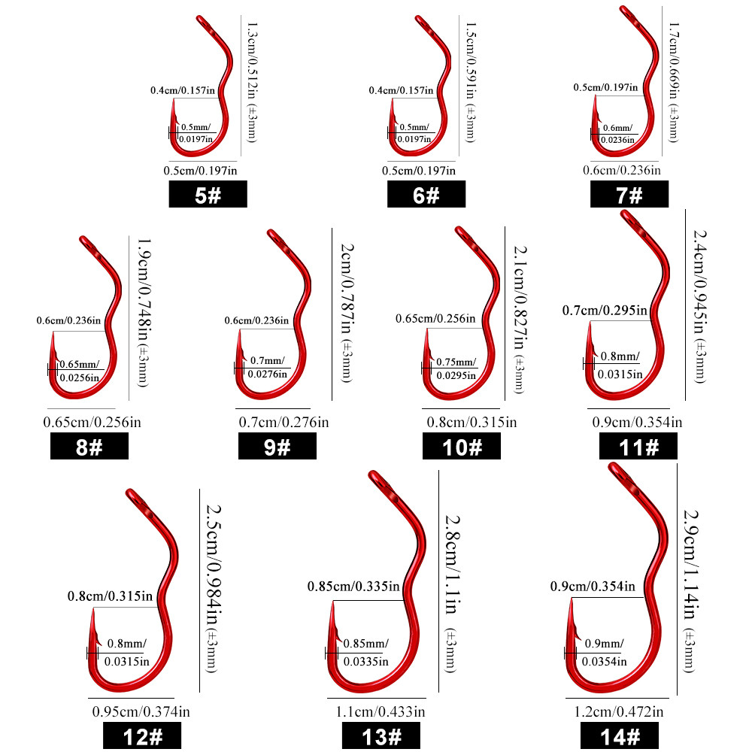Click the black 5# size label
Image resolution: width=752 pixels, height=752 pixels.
pos(208,194)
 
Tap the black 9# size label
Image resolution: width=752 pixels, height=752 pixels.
pos(277,446)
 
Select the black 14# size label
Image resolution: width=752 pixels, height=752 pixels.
pos(620,736)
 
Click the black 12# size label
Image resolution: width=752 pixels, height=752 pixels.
pos(142,736)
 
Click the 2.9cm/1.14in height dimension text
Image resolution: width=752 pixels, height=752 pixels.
pos(690,564)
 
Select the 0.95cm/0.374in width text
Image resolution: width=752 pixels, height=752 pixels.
pos(141,711)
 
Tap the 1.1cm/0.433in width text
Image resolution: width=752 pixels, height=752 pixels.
pos(381,711)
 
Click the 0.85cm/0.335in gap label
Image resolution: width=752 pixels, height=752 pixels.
pos(353,587)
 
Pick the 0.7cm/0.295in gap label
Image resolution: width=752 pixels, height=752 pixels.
pos(605,311)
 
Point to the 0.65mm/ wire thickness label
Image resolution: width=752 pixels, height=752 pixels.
pos(80,365)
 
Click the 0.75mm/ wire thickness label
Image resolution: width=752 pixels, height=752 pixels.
pos(456,362)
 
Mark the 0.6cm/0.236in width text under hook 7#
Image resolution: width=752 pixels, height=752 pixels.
pos(622,170)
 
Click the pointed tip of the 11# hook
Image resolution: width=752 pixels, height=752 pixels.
pos(590,323)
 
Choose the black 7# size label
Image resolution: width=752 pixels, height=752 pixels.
pos(629,194)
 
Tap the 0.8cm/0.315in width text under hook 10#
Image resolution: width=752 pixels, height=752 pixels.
pos(472,423)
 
